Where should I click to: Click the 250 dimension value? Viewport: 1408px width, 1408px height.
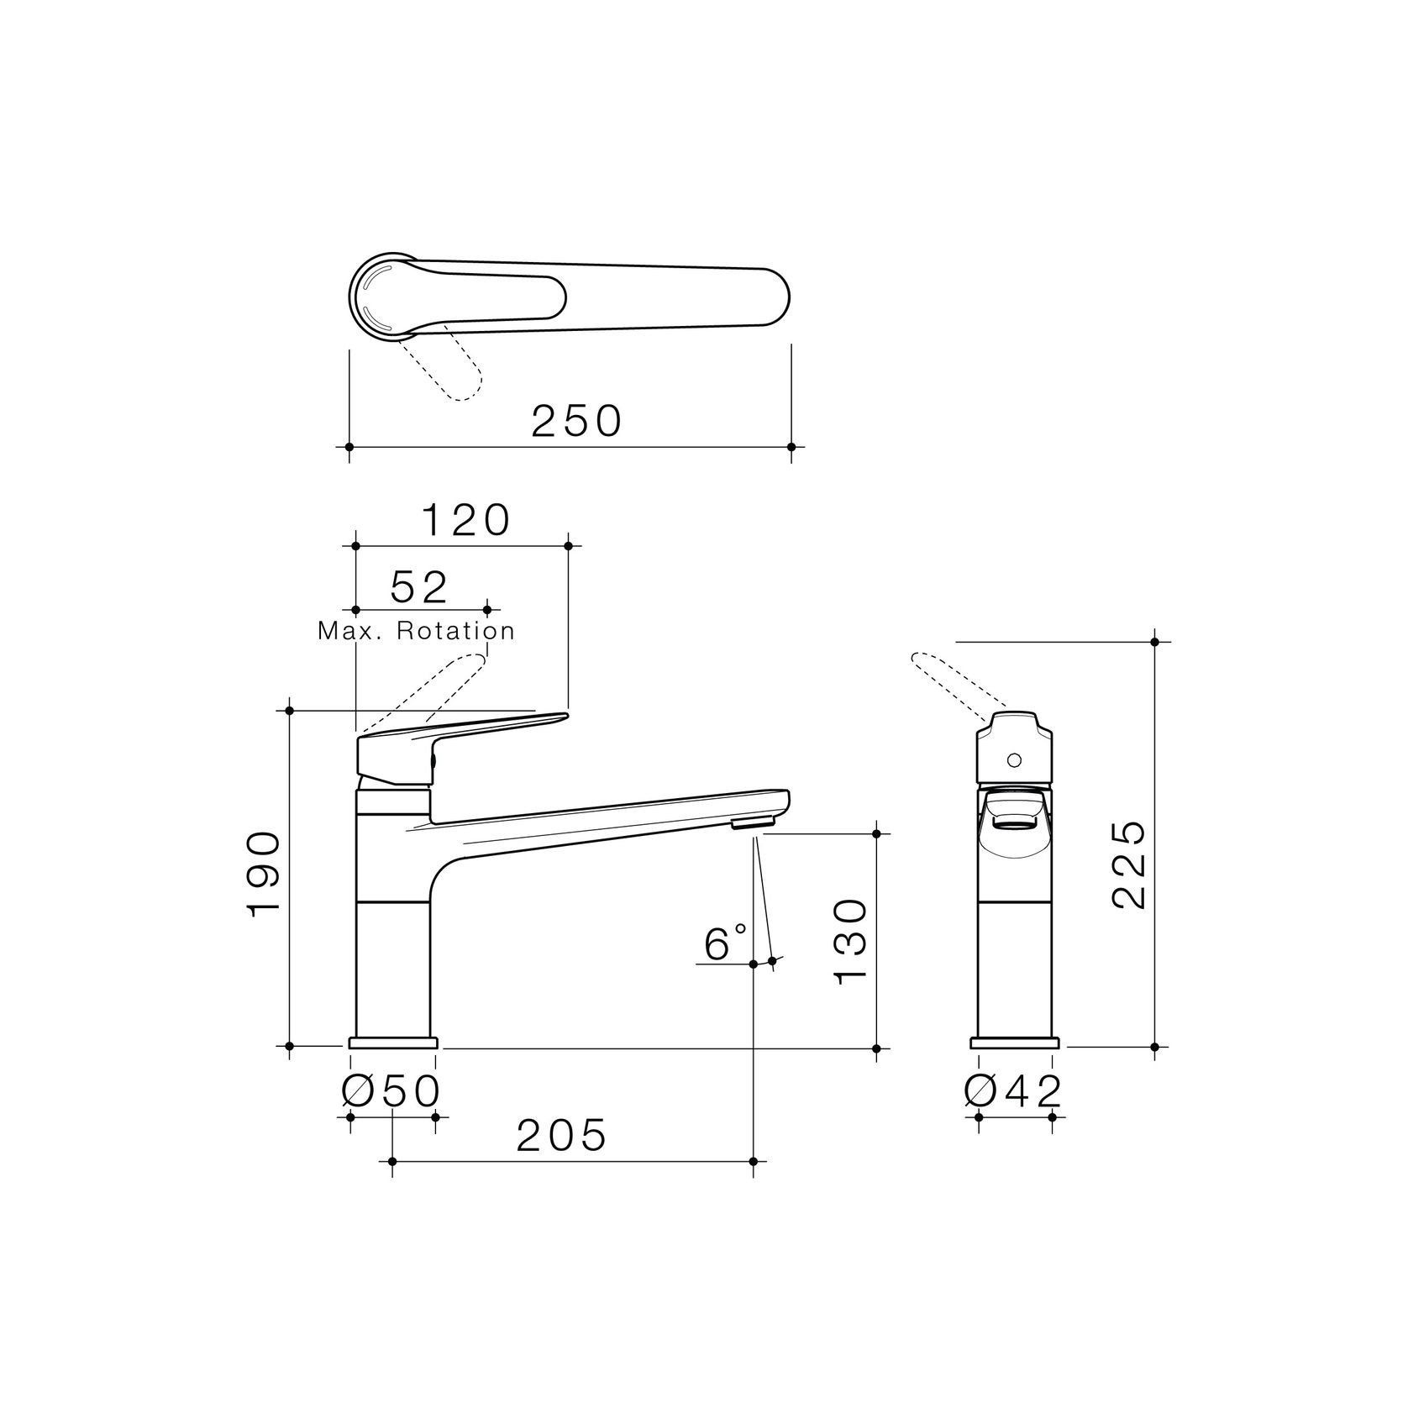click(576, 421)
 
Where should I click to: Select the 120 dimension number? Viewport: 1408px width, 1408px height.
click(465, 521)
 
